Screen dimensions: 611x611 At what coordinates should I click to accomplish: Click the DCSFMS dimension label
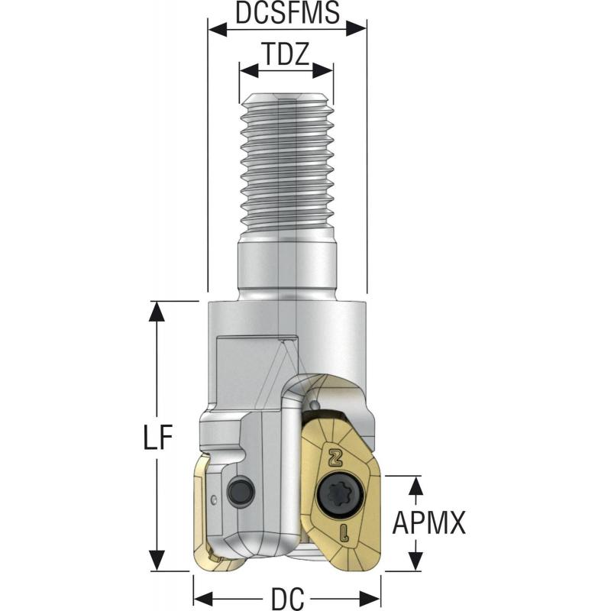(287, 15)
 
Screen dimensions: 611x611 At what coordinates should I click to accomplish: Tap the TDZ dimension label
(286, 56)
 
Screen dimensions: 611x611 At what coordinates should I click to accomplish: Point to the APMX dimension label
(429, 523)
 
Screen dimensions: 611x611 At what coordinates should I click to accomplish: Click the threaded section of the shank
(287, 160)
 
